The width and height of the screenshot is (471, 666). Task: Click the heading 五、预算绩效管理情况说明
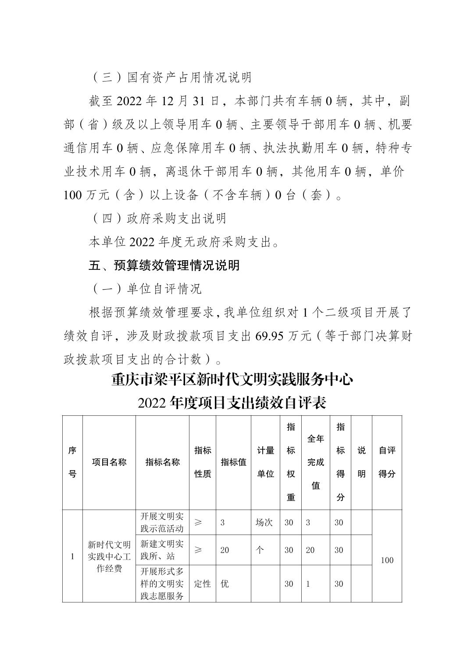(164, 265)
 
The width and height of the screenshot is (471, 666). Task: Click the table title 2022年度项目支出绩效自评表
(232, 402)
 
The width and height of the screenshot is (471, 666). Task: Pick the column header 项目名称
(109, 462)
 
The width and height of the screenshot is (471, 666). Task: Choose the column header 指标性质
(203, 462)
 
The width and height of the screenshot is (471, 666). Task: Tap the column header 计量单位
(265, 462)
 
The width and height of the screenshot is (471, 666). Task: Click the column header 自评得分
(387, 462)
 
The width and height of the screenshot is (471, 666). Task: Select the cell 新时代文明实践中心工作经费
(109, 556)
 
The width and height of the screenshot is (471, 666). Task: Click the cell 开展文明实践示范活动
(162, 522)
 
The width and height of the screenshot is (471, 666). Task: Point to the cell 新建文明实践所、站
(162, 550)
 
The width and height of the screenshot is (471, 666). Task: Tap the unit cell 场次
(264, 522)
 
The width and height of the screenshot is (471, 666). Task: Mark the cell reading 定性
(202, 584)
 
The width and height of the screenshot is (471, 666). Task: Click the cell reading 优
(225, 584)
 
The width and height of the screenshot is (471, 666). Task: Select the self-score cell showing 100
(387, 560)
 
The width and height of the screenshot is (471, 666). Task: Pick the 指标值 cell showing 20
(225, 550)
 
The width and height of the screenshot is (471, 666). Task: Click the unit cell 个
(260, 550)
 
